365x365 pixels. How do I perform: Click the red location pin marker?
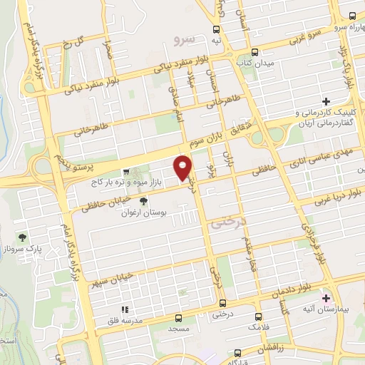click(183, 166)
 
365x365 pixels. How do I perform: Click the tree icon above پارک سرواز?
click(24, 237)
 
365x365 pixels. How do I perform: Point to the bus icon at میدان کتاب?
click(255, 52)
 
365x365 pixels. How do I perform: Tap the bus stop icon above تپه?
click(216, 29)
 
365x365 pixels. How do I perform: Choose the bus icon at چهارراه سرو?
click(354, 15)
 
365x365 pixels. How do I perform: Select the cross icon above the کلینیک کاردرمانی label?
click(327, 102)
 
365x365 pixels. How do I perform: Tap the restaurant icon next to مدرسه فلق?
click(124, 309)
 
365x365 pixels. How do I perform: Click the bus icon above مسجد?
click(178, 317)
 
